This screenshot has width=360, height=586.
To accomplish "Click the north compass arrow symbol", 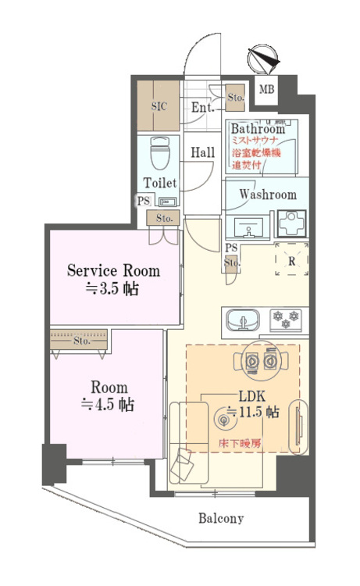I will pyautogui.click(x=262, y=59).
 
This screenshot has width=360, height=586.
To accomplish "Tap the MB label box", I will pyautogui.click(x=267, y=89).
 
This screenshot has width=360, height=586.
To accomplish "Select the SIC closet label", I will pyautogui.click(x=159, y=106).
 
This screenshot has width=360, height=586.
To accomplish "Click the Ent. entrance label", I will pyautogui.click(x=202, y=108).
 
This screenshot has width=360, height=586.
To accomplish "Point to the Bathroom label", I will pyautogui.click(x=257, y=129).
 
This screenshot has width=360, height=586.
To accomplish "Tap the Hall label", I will pyautogui.click(x=202, y=152).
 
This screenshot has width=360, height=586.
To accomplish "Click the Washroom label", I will pyautogui.click(x=267, y=195).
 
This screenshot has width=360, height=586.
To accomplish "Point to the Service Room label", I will pyautogui.click(x=113, y=271).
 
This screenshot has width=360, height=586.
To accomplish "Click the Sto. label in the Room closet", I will pyautogui.click(x=81, y=341).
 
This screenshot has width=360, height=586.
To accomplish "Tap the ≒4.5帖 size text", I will pyautogui.click(x=107, y=406).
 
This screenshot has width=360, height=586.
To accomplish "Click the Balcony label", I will pyautogui.click(x=220, y=518).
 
